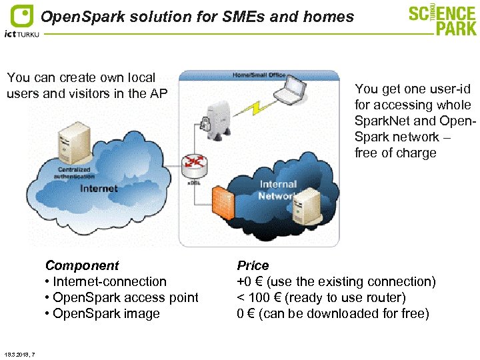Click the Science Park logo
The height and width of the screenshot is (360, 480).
(443, 20)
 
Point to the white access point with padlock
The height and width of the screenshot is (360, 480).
(213, 119)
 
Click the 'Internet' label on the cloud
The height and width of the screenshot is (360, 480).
(99, 189)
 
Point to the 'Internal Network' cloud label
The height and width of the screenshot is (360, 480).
(278, 189)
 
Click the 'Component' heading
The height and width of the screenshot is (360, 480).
(81, 265)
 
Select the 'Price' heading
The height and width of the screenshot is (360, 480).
(253, 265)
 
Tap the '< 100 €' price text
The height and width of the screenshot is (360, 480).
(261, 297)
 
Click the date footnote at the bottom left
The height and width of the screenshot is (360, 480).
(19, 353)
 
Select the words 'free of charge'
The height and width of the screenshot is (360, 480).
(395, 153)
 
